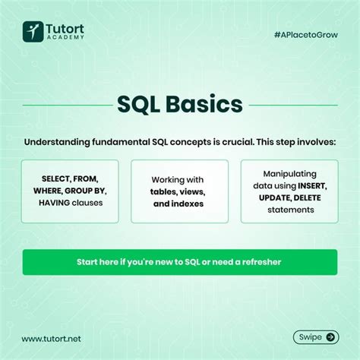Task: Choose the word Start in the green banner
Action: tap(90, 262)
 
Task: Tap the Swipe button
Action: tap(315, 337)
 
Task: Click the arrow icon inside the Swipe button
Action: tap(330, 337)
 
